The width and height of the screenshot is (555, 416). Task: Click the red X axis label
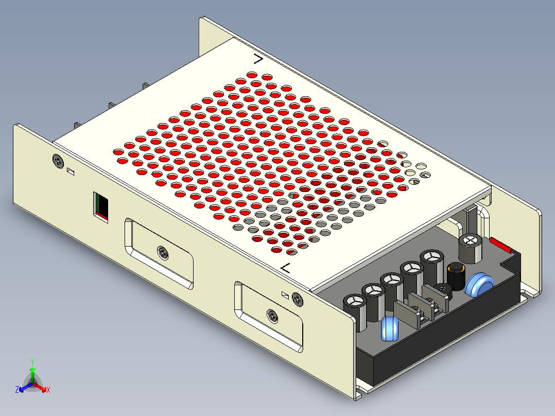click(48, 390)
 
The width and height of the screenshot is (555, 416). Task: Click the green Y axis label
click(32, 361)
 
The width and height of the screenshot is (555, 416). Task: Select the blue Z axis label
click(17, 390)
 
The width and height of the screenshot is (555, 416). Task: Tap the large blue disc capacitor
click(479, 284)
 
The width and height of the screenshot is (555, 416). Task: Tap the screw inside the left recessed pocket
click(163, 252)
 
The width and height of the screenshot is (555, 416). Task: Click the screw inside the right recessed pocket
click(272, 315)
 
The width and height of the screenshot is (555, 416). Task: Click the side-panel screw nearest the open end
click(297, 299)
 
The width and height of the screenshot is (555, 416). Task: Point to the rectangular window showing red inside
click(101, 206)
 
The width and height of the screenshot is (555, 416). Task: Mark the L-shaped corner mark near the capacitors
click(286, 267)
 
